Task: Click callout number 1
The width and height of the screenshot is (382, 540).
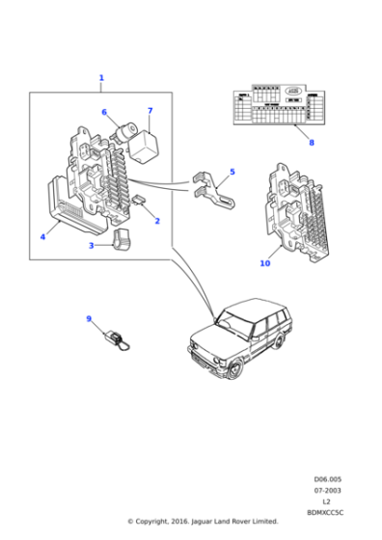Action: [x=101, y=78]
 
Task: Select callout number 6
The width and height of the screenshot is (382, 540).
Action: [x=104, y=113]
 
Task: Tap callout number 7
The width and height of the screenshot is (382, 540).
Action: [x=150, y=111]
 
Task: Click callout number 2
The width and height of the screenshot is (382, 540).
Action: [x=157, y=221]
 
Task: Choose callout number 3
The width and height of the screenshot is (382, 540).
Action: [x=92, y=246]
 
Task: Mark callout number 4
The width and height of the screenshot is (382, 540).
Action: [x=42, y=236]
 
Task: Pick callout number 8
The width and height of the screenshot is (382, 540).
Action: [x=311, y=143]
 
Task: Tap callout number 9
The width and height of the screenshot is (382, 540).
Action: [x=89, y=319]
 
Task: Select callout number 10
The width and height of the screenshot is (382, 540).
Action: [x=265, y=263]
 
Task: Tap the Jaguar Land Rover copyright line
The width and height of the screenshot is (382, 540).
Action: [x=203, y=522]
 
